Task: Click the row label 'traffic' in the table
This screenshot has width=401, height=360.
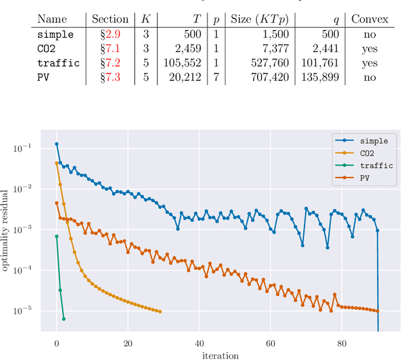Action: (58, 63)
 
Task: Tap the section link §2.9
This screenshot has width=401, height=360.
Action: (110, 34)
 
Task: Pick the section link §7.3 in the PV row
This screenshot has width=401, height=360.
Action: (110, 77)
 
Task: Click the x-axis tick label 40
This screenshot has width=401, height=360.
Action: (199, 343)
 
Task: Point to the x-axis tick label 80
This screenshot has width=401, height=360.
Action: (341, 343)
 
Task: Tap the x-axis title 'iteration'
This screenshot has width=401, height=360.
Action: (220, 355)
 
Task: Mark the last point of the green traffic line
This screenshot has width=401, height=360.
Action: (63, 319)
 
